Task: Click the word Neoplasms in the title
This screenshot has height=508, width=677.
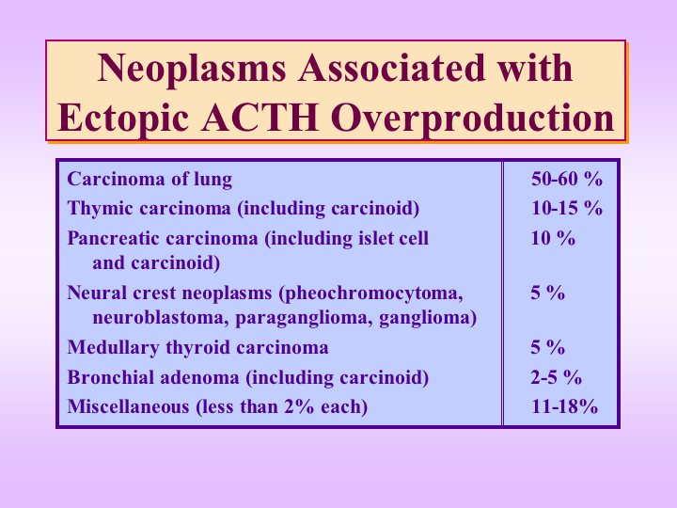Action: click(192, 69)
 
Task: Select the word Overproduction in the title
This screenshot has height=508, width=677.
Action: click(472, 119)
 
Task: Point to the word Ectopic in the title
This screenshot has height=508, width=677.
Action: click(123, 119)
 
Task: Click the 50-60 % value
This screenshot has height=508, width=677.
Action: click(566, 179)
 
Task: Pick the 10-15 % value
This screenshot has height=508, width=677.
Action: click(566, 208)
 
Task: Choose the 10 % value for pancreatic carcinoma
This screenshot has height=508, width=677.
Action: click(553, 238)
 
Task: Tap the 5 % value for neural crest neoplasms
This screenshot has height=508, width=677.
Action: click(548, 293)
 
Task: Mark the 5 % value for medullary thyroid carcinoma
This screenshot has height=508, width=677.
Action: click(548, 347)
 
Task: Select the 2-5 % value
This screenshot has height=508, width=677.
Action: click(556, 377)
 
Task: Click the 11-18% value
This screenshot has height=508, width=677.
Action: click(564, 406)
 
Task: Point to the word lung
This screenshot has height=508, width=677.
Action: click(213, 180)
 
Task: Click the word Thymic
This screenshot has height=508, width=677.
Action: click(101, 209)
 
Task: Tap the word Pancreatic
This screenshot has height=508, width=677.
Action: click(114, 238)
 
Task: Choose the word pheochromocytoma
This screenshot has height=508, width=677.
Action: click(370, 294)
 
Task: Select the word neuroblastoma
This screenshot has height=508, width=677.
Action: click(161, 318)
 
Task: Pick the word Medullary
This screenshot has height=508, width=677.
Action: click(113, 348)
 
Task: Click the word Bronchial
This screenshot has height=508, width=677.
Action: click(110, 377)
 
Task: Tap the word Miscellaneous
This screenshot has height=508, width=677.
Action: click(128, 407)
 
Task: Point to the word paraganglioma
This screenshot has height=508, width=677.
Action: click(304, 319)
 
